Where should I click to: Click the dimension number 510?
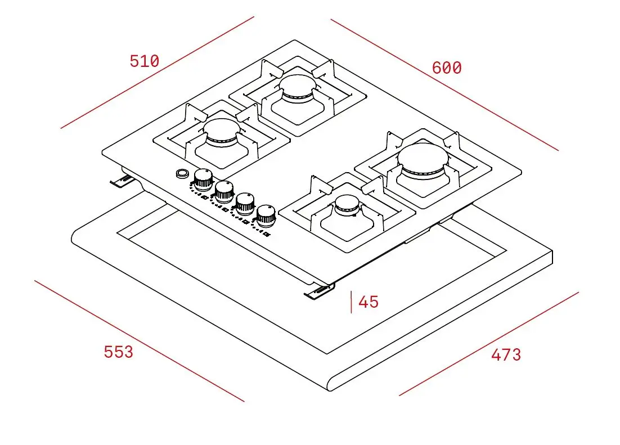pyautogui.click(x=145, y=61)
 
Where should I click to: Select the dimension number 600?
pyautogui.click(x=447, y=68)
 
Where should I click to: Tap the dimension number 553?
pyautogui.click(x=119, y=352)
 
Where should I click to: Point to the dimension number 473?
pyautogui.click(x=506, y=355)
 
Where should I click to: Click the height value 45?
pyautogui.click(x=369, y=302)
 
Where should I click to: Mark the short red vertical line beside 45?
pyautogui.click(x=352, y=302)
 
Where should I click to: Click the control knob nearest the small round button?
pyautogui.click(x=203, y=178)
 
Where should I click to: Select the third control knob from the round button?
pyautogui.click(x=244, y=202)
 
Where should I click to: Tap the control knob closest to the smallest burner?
pyautogui.click(x=266, y=214)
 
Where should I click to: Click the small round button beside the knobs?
pyautogui.click(x=182, y=173)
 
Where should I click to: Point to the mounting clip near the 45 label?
pyautogui.click(x=318, y=292)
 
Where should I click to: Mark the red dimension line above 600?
pyautogui.click(x=444, y=85)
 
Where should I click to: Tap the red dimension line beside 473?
pyautogui.click(x=489, y=344)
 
